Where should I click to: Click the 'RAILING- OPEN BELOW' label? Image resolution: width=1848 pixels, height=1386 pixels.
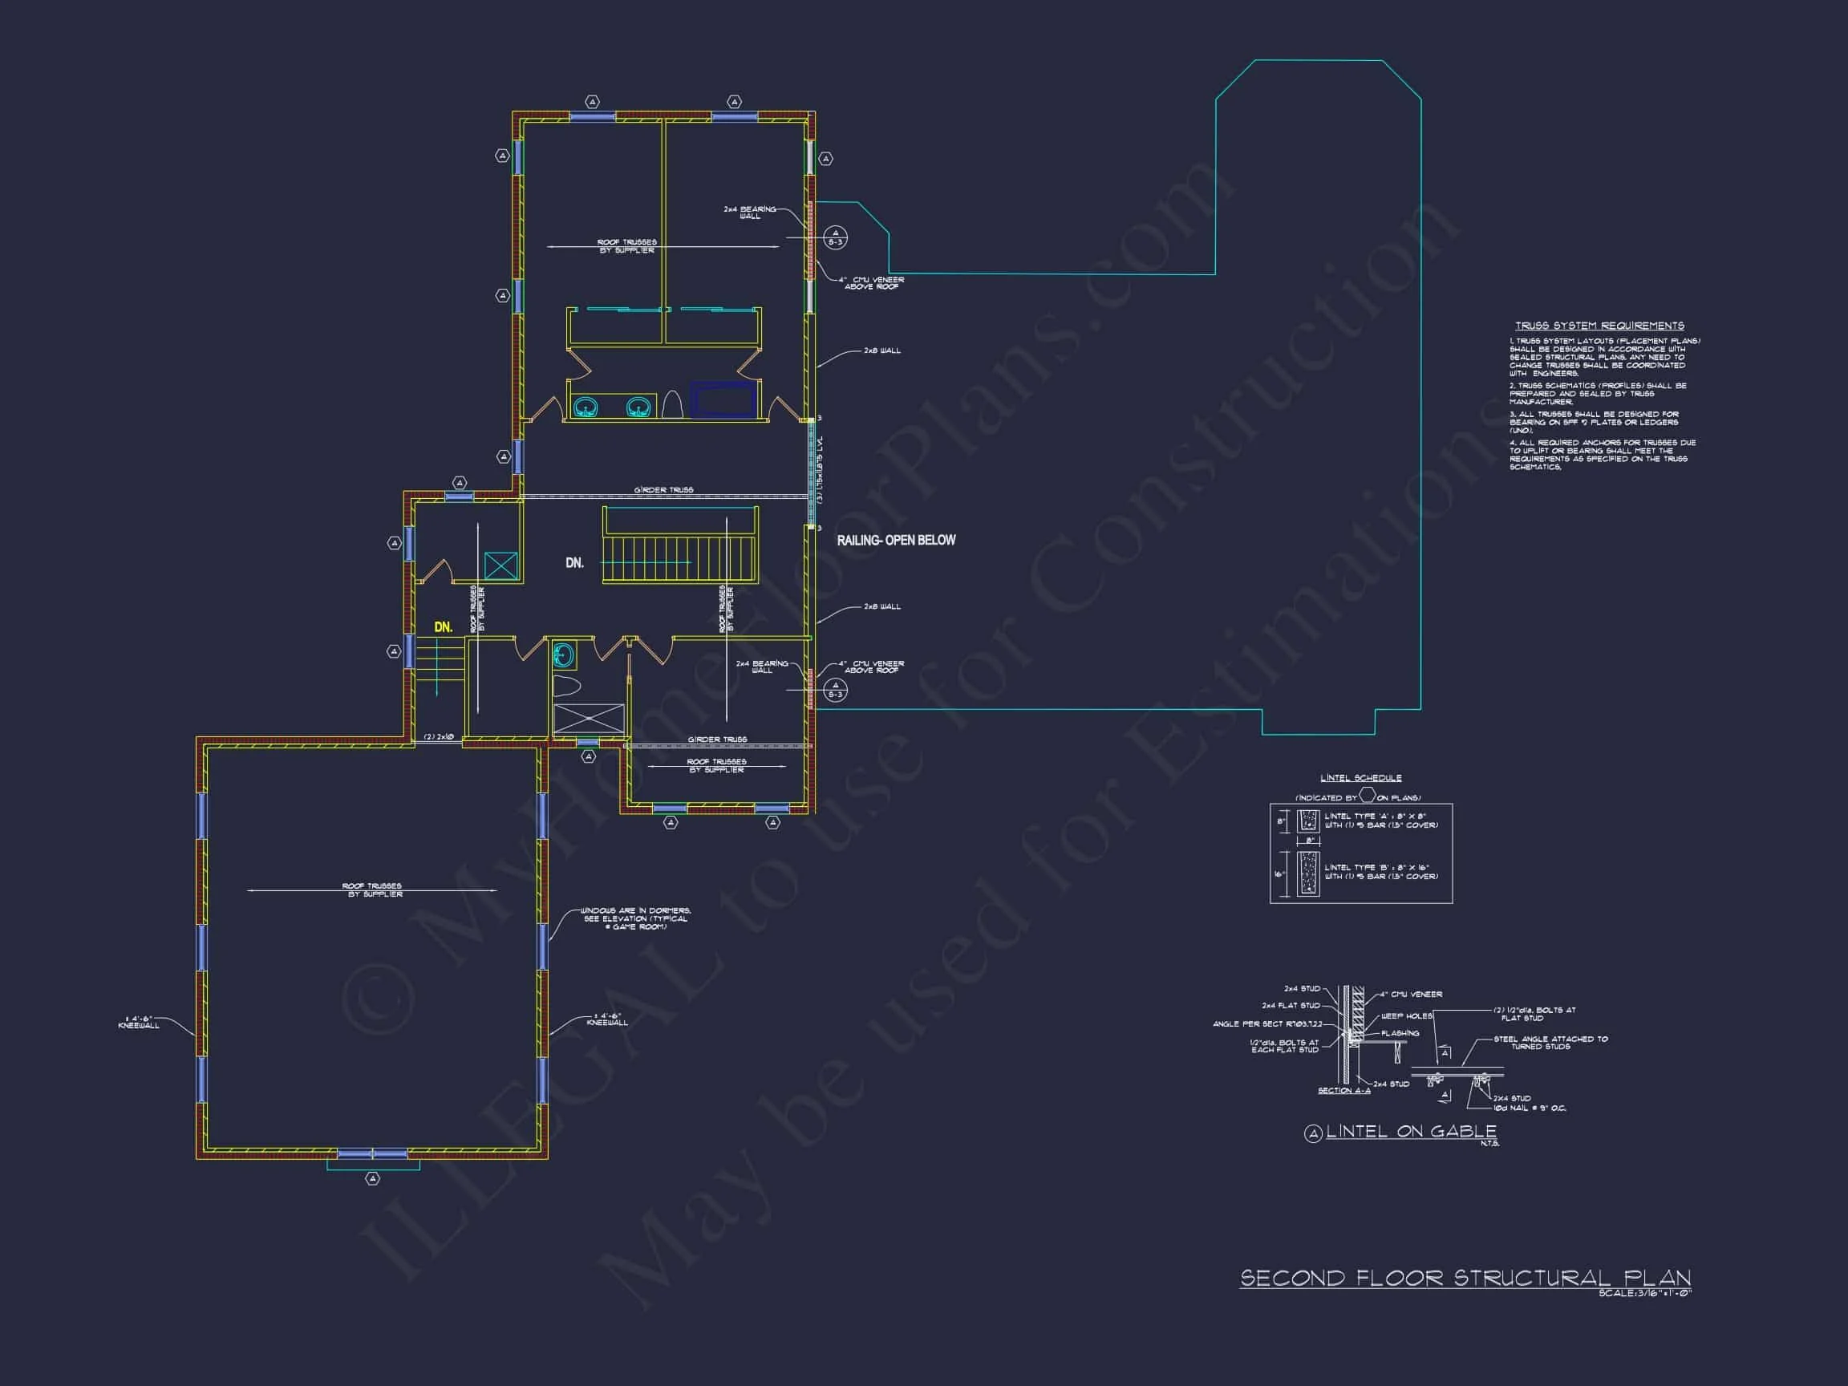[x=896, y=541]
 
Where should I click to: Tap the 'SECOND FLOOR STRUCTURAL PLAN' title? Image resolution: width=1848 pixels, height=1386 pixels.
[x=1465, y=1279]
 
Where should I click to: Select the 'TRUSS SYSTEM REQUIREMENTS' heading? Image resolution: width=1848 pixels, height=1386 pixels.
[x=1599, y=326]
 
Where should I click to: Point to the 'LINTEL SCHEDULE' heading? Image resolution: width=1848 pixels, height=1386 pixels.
[x=1361, y=778]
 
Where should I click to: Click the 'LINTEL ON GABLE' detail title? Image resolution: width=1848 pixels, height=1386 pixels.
[x=1411, y=1131]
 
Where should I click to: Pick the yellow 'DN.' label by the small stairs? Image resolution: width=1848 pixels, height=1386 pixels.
[x=443, y=626]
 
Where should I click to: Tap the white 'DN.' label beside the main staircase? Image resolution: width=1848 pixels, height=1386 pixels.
[x=574, y=563]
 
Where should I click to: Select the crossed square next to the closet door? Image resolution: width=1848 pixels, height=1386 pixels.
[x=500, y=565]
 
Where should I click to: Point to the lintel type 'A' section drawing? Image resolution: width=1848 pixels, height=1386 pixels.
[x=1308, y=821]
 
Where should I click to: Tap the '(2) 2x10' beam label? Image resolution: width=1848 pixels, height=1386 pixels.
[x=438, y=737]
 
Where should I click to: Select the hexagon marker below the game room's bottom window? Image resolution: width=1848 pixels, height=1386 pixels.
[x=373, y=1178]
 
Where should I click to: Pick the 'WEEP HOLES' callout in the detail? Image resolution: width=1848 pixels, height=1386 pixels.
[x=1407, y=1016]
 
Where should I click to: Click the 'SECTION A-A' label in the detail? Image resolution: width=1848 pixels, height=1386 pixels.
[x=1343, y=1090]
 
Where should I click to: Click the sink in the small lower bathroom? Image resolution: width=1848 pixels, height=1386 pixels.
[x=565, y=655]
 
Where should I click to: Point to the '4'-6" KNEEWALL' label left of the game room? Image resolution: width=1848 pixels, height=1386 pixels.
[x=139, y=1022]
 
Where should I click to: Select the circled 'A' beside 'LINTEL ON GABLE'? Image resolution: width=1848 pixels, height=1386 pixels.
[x=1313, y=1133]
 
